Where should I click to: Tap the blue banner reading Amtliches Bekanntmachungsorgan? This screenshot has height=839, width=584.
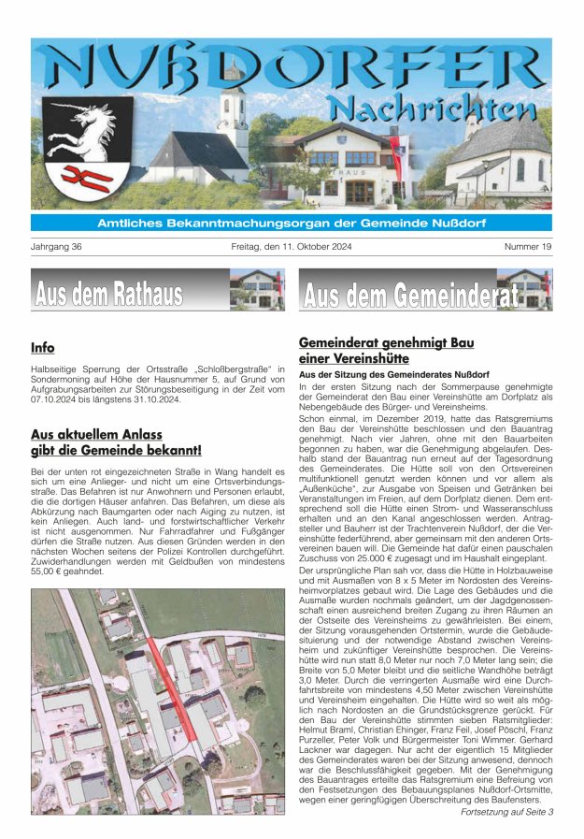coord(292,223)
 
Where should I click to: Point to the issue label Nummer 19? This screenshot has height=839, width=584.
coord(527,247)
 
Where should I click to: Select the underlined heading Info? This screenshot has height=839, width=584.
coord(43,348)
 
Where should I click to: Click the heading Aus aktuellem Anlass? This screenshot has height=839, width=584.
coord(96,434)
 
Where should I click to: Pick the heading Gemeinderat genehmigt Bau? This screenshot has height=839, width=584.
coord(386,342)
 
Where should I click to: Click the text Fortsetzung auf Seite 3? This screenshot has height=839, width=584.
coord(507,812)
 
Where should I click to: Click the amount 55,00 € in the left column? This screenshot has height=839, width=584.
coord(53,570)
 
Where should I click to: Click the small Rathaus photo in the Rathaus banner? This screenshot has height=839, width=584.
coord(257,289)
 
